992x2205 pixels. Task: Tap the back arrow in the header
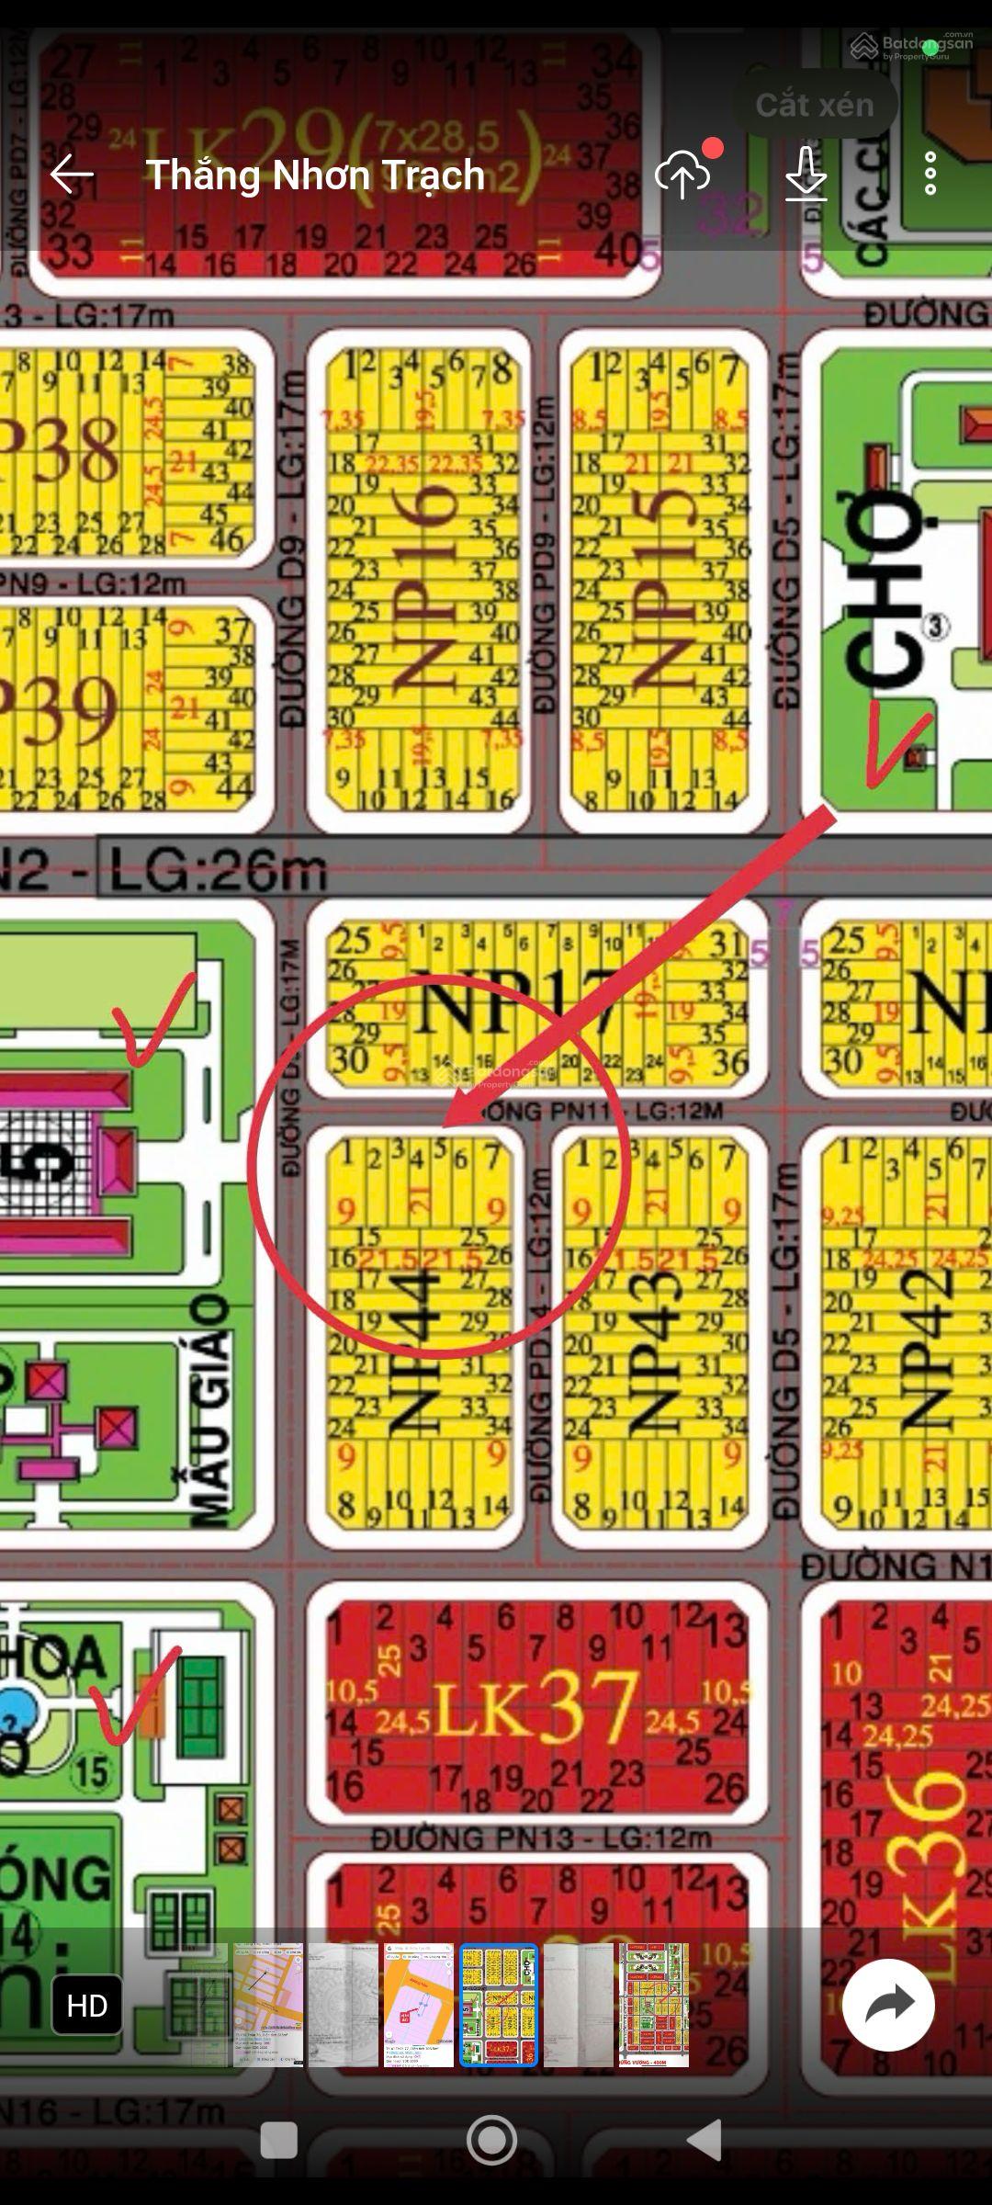point(72,175)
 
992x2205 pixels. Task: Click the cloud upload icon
point(682,175)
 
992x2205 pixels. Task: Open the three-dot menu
point(930,174)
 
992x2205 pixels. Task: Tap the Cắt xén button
point(815,105)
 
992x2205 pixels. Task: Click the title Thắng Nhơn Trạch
point(315,175)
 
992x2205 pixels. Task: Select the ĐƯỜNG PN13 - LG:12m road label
point(542,1838)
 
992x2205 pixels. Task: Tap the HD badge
point(87,2006)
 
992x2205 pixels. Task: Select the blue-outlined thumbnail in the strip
point(499,2006)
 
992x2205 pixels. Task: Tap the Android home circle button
point(491,2140)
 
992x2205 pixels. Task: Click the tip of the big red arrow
point(446,1125)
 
